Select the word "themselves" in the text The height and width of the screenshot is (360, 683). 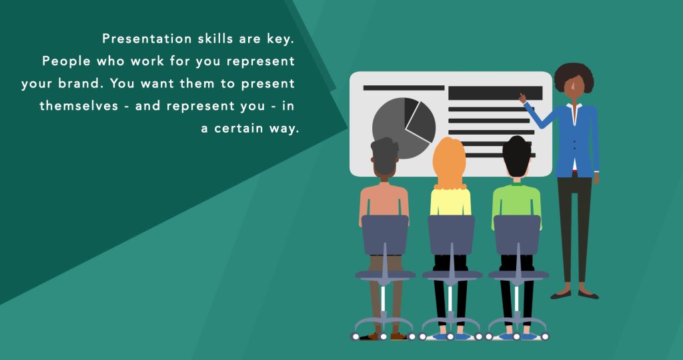[79, 106]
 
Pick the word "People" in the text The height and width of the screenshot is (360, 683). [67, 61]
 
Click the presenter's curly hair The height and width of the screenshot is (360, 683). [574, 77]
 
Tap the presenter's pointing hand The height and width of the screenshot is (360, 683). [522, 98]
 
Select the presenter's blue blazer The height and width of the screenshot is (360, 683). [576, 140]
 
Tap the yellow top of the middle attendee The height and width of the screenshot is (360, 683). [450, 202]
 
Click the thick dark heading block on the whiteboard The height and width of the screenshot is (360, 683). [496, 93]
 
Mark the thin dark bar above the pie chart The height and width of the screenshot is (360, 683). [404, 88]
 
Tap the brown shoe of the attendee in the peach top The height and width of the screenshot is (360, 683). [398, 336]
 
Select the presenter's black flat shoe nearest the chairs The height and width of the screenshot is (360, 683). [560, 295]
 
